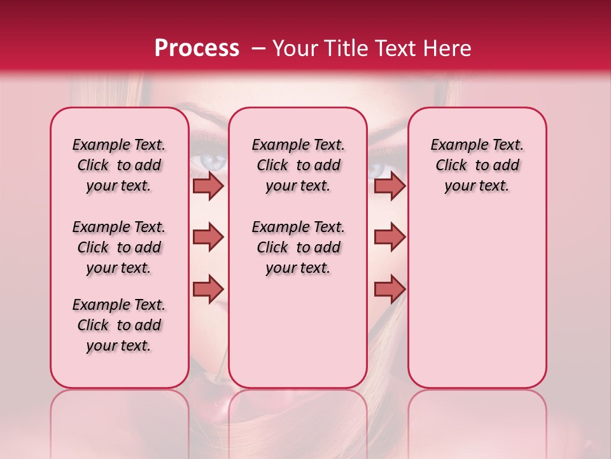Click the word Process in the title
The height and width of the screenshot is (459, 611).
click(196, 48)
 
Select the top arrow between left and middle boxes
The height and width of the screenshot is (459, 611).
click(208, 186)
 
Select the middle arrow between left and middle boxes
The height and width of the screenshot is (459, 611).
click(208, 237)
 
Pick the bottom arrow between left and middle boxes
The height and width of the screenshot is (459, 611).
click(208, 289)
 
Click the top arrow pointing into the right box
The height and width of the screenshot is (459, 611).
click(390, 186)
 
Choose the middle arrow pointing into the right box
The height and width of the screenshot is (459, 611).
click(390, 237)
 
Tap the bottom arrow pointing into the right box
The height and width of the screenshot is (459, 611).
click(390, 289)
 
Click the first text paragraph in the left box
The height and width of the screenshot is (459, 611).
click(119, 165)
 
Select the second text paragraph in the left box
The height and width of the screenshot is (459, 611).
click(119, 247)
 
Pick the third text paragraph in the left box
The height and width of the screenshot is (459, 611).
click(119, 325)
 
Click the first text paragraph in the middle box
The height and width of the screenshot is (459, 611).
click(298, 165)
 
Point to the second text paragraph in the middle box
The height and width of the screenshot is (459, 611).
click(298, 247)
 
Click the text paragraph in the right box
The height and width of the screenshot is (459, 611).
click(477, 165)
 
